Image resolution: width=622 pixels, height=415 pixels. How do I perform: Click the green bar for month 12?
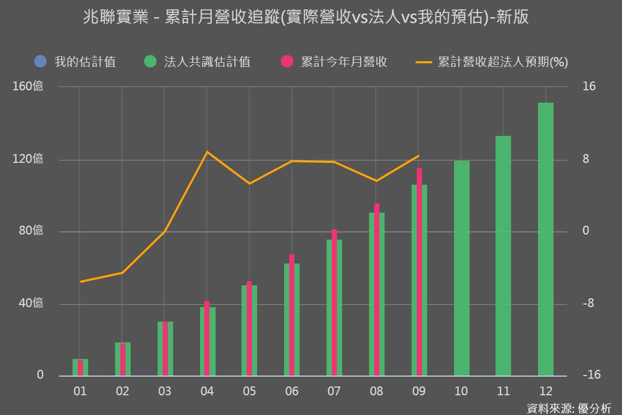pos(546,239)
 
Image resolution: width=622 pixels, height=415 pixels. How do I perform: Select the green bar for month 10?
pos(461,268)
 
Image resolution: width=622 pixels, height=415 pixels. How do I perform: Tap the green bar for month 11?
pos(503,255)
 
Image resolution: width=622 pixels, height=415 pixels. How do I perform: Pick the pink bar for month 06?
pos(292,314)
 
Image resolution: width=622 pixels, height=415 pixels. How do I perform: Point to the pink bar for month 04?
pos(207,338)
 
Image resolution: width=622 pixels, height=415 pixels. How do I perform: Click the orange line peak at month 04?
pos(207,152)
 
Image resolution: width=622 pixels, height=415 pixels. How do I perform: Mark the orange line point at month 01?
pos(80,282)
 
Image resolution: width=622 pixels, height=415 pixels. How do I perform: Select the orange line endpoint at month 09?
pos(419,156)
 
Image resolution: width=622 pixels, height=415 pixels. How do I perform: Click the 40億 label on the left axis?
pos(31,303)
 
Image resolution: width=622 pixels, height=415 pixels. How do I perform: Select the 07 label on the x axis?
pos(334,391)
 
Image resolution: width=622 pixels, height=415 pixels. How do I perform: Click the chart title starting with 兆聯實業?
pos(306,18)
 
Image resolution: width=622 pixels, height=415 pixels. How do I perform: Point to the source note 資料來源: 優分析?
pos(569,408)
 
